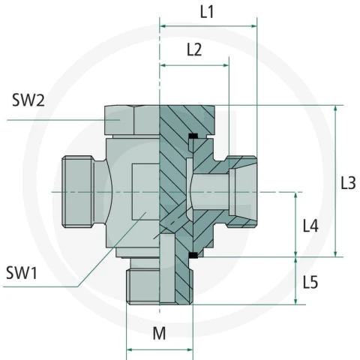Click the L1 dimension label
click(207, 12)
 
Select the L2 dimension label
click(194, 49)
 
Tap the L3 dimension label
click(348, 183)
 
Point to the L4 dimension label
click(310, 226)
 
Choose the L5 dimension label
click(310, 283)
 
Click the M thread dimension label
click(159, 333)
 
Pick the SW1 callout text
click(22, 273)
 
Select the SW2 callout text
click(28, 100)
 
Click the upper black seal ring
click(193, 136)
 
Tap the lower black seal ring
click(193, 255)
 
